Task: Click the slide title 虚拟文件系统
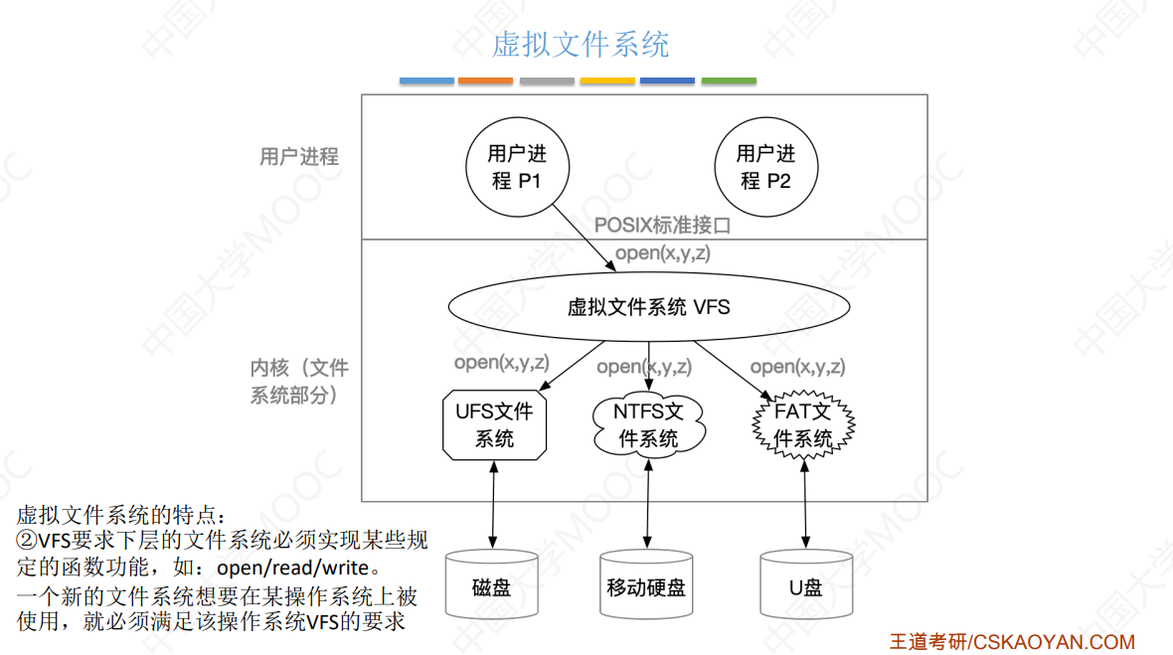(x=581, y=45)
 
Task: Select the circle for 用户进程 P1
(x=517, y=168)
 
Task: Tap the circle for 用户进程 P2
(x=765, y=168)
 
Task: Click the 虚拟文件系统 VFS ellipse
(x=648, y=307)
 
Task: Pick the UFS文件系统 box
(x=494, y=425)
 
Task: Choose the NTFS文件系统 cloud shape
(x=648, y=425)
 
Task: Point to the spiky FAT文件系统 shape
(x=803, y=425)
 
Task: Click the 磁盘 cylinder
(x=492, y=586)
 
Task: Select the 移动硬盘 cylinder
(x=646, y=586)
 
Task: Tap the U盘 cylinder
(x=805, y=586)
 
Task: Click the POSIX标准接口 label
(x=662, y=226)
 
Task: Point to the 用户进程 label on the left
(x=298, y=157)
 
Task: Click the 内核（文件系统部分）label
(x=298, y=382)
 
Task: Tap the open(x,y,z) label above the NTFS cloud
(x=643, y=367)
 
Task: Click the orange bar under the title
(x=486, y=81)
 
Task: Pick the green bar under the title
(x=729, y=81)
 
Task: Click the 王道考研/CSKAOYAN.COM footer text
(x=1012, y=642)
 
